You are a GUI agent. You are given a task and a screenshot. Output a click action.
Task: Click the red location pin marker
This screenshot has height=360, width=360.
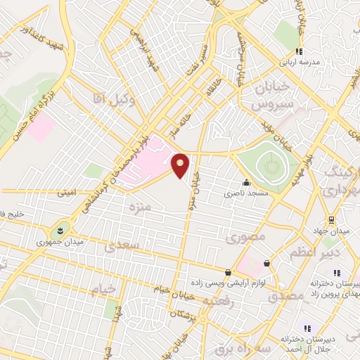click(181, 165)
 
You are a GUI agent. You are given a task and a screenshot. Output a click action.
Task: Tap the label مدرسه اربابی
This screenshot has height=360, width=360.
click(300, 62)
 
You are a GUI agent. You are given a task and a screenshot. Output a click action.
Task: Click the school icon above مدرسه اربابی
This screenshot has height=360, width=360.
click(299, 51)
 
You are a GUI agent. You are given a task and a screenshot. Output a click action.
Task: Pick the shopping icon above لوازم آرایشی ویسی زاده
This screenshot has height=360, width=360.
click(228, 272)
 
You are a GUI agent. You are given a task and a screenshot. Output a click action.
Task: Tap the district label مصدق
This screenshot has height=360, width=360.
click(286, 296)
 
